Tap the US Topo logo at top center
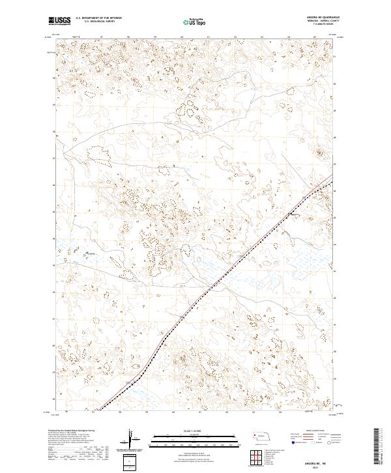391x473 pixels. (x=195, y=21)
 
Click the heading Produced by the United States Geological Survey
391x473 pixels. (x=74, y=431)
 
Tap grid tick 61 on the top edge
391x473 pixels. (x=208, y=37)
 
